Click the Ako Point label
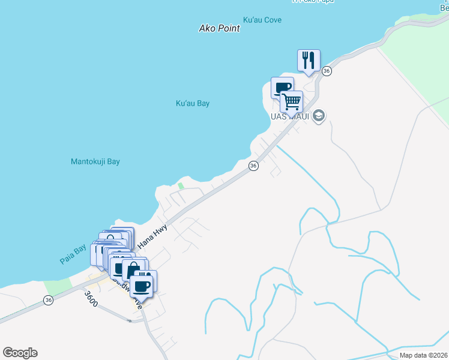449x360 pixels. point(220,28)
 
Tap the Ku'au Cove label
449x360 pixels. point(262,20)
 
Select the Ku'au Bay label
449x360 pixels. point(193,103)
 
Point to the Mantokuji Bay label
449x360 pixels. point(95,162)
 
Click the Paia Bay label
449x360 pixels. point(74,256)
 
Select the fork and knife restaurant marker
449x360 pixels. point(309,60)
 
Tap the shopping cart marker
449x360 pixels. point(292,101)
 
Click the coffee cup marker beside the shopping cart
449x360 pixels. point(281,88)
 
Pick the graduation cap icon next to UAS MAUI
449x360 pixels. point(319,116)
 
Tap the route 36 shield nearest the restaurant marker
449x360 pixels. point(327,71)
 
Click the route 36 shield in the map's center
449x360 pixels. point(253,166)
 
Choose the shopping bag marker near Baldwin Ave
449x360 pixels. point(133,269)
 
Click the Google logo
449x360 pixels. point(20,353)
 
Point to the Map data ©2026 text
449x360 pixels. point(424,355)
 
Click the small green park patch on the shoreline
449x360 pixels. point(181,186)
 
